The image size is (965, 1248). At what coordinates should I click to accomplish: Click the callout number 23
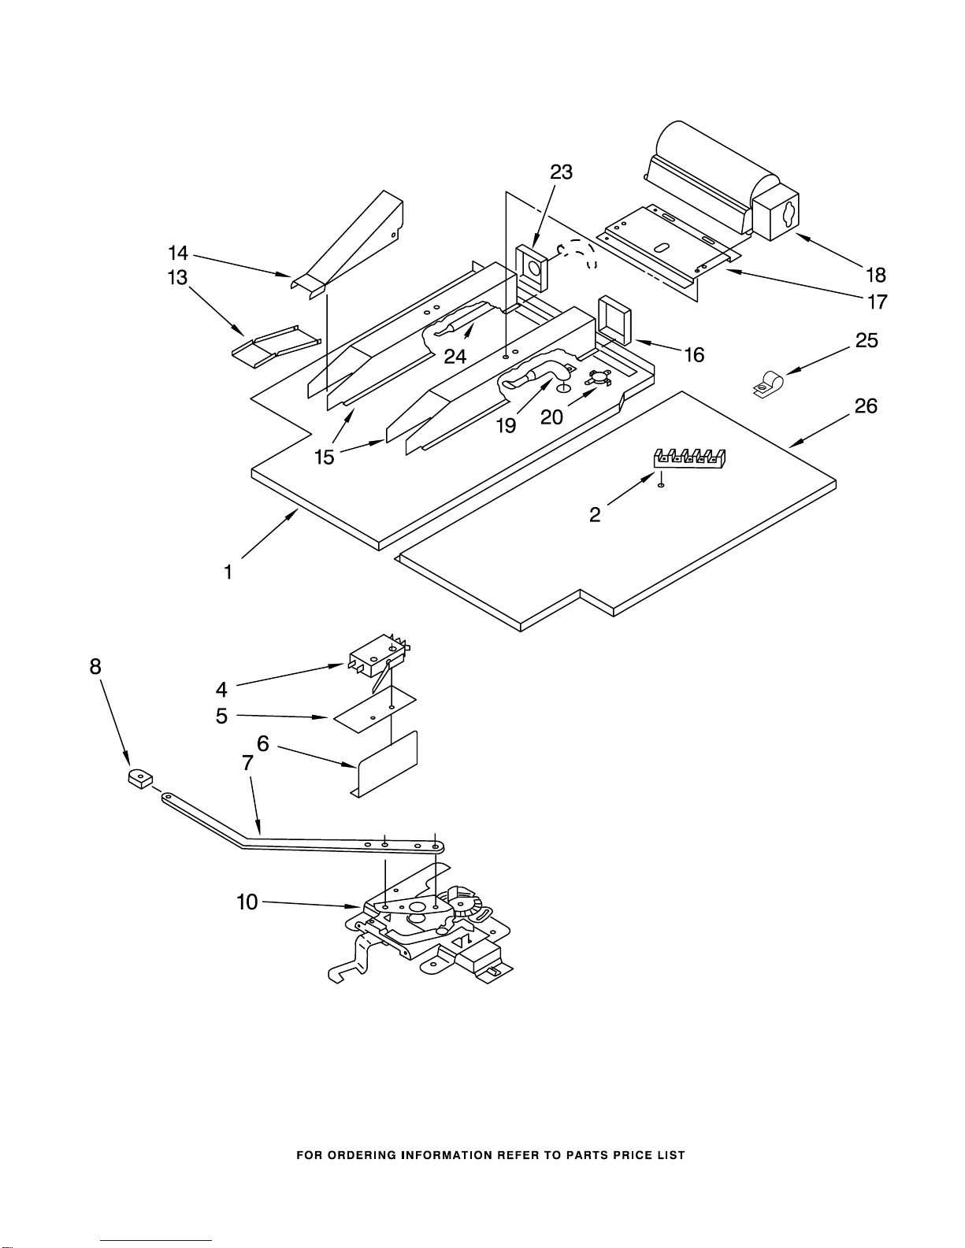(x=561, y=172)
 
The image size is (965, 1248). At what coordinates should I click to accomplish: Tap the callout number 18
(x=876, y=275)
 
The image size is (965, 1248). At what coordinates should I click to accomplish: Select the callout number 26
(x=866, y=406)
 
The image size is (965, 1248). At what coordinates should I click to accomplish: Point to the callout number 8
(x=95, y=666)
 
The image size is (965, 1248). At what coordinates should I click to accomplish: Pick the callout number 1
(x=228, y=572)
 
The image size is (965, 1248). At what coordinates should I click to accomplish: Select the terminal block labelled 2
(x=689, y=457)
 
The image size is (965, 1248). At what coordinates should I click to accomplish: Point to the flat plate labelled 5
(x=374, y=709)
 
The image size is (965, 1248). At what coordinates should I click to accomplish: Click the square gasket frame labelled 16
(x=614, y=320)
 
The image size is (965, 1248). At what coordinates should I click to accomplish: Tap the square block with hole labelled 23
(x=532, y=267)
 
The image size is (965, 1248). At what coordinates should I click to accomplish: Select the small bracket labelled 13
(x=276, y=346)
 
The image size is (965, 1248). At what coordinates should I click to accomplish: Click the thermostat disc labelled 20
(x=597, y=378)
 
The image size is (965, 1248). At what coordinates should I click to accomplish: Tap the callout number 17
(x=877, y=302)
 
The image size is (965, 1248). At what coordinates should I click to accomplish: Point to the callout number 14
(x=178, y=253)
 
